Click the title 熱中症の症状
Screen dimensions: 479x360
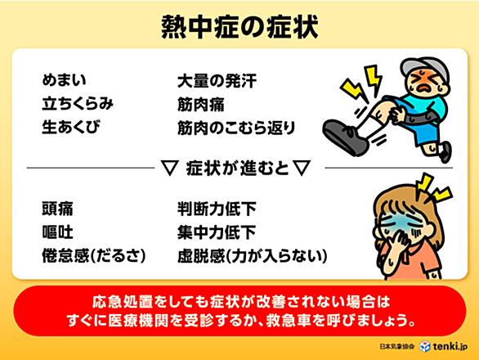pos(239,27)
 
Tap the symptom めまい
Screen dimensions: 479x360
pos(64,80)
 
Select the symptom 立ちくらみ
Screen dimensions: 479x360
pos(78,104)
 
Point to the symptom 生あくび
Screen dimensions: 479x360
pos(71,128)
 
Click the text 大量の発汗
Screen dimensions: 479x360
pos(217,81)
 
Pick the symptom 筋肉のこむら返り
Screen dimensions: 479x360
pos(236,128)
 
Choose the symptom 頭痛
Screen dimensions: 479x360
pos(57,209)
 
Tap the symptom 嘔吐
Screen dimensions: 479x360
pos(57,232)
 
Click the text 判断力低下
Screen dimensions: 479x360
pos(217,209)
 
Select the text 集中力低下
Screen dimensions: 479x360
pos(217,232)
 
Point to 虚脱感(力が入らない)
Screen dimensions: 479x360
pos(253,256)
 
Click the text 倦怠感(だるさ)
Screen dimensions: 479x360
pos(94,256)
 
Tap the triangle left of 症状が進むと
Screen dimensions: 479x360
pos(169,168)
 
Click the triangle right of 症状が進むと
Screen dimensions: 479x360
pos(302,168)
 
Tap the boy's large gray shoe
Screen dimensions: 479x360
pos(346,137)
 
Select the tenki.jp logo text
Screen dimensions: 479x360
pos(450,346)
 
